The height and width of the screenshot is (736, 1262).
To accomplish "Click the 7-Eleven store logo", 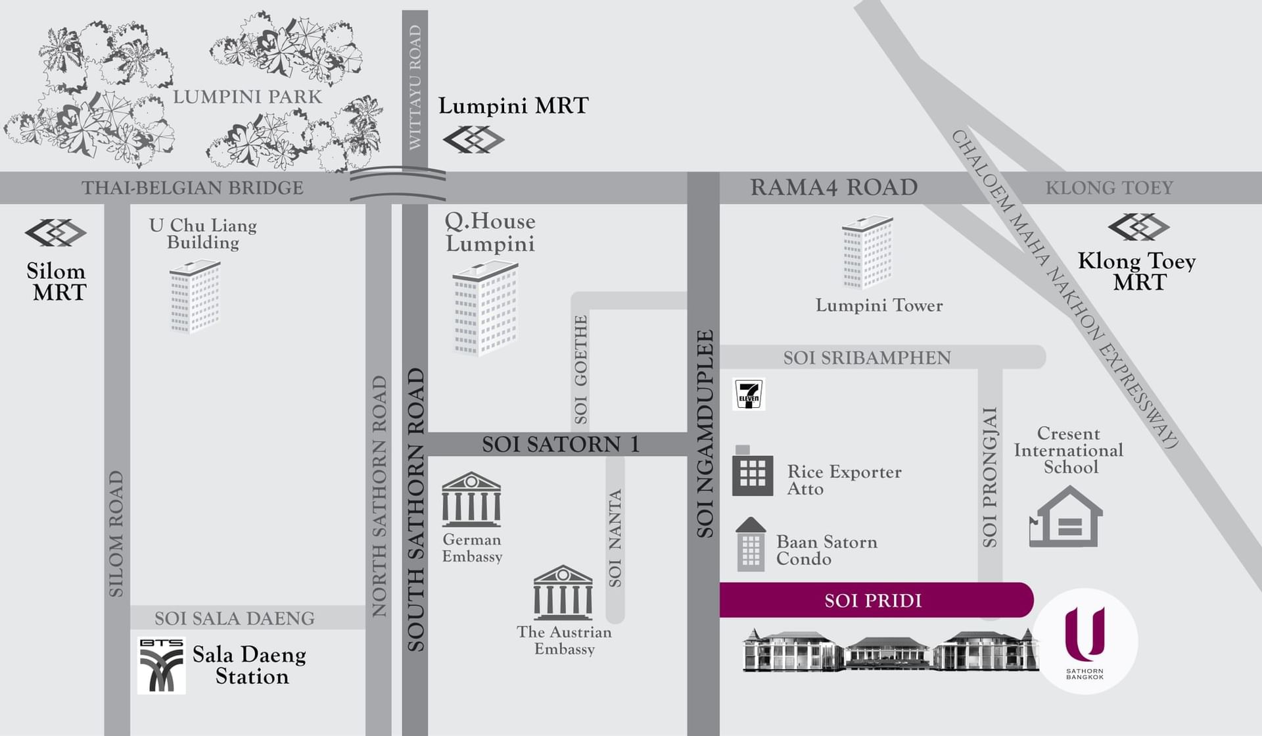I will click(749, 395).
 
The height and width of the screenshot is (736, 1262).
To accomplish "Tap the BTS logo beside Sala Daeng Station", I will click(161, 665).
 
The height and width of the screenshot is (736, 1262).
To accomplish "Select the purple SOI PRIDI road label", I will click(873, 601).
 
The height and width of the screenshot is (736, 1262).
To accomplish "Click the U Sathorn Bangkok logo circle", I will click(1085, 641).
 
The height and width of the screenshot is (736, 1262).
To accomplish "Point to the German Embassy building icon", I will click(471, 499).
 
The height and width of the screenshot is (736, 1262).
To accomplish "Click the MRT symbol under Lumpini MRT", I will click(473, 139).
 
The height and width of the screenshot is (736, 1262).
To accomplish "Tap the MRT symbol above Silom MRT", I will click(56, 233).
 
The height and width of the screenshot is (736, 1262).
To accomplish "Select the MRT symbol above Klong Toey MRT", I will click(1138, 227).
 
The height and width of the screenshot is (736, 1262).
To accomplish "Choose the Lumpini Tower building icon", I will click(868, 253).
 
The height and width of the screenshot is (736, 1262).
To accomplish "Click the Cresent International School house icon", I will click(1065, 518).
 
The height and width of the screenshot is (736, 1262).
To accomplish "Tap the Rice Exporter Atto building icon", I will click(752, 472).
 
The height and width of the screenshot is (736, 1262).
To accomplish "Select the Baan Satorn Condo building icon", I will click(751, 545).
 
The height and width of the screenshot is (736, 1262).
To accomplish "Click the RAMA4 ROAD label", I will click(833, 187).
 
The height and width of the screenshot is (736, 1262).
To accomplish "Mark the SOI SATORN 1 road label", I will click(560, 445).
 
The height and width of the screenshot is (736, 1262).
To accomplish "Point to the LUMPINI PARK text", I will click(247, 97).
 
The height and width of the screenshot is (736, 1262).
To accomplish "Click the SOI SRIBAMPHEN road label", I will click(866, 358).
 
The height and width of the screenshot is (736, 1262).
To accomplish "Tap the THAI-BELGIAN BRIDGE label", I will click(193, 188).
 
